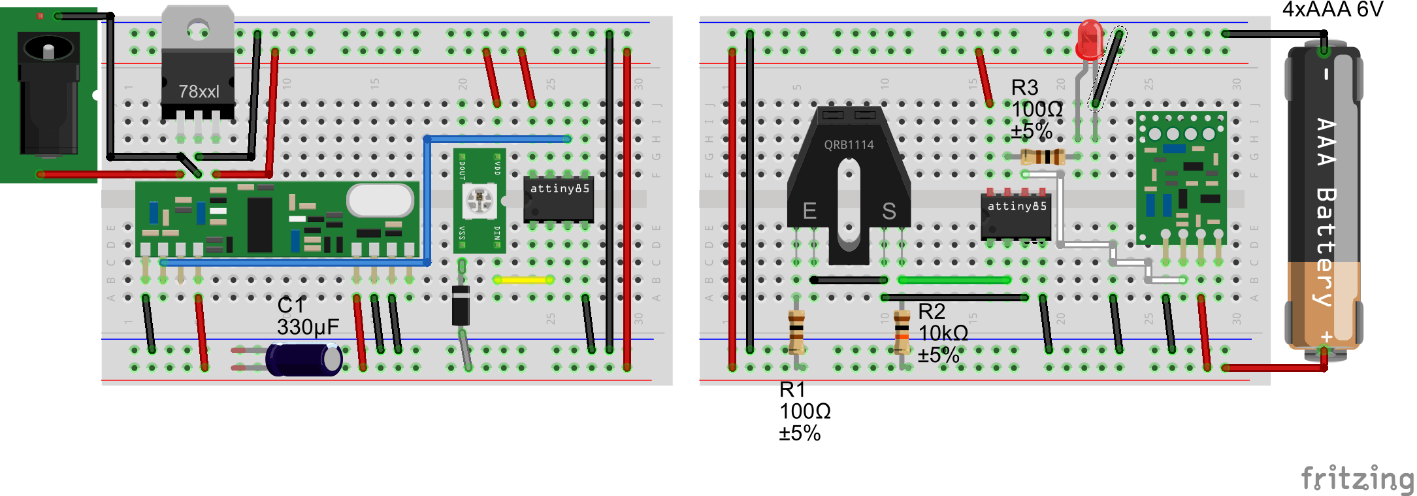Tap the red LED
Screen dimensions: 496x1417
(1090, 39)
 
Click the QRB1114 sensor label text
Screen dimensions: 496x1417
(849, 145)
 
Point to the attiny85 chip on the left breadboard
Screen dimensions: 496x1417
(559, 198)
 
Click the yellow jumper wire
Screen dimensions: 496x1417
(523, 280)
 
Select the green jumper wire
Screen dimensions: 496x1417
(954, 280)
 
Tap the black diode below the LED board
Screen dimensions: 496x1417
(461, 305)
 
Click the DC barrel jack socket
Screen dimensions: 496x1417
(48, 91)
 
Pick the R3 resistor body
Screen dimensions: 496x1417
(1043, 157)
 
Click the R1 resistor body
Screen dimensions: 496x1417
(796, 332)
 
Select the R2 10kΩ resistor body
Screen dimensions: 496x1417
(902, 332)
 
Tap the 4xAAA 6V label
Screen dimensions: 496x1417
(1332, 10)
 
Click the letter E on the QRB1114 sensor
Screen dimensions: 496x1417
(809, 210)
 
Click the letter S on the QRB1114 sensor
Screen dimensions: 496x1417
(888, 210)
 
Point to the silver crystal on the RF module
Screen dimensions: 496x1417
(381, 200)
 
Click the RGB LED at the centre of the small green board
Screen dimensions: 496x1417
(479, 199)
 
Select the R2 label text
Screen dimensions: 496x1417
(932, 312)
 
